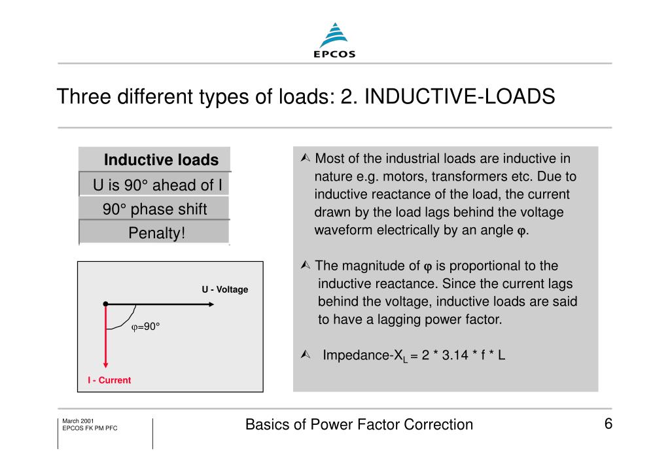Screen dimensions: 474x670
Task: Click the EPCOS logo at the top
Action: pos(334,40)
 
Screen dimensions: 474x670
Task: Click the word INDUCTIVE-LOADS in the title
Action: pos(459,96)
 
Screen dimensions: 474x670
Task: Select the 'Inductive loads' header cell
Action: pos(161,160)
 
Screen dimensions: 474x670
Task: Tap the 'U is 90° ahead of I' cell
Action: pos(157,185)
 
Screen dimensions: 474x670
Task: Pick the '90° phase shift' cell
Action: pos(154,210)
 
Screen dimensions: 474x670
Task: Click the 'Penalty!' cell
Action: pos(157,233)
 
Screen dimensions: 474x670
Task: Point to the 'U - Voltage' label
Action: pos(224,289)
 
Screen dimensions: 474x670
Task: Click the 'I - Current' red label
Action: pos(109,380)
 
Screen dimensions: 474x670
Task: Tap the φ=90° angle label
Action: pos(145,326)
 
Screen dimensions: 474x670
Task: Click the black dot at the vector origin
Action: pos(105,304)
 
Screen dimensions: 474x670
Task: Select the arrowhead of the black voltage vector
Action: pos(211,304)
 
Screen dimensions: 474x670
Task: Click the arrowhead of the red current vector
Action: pos(105,365)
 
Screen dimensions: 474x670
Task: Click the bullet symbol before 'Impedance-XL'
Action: pos(305,355)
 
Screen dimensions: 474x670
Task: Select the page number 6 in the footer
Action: pos(608,424)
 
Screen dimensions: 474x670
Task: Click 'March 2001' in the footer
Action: pos(78,420)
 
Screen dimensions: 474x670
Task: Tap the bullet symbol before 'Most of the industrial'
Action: pos(305,159)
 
